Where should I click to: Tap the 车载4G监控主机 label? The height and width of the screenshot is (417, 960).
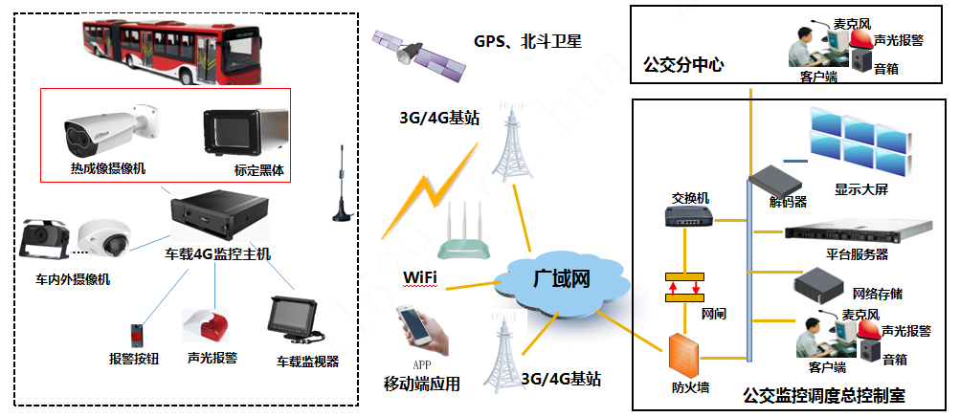217,254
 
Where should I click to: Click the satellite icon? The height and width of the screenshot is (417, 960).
418,51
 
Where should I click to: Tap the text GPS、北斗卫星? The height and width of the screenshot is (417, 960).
527,42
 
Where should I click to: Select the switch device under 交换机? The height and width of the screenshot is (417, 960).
689,217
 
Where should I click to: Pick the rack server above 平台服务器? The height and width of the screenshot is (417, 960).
857,232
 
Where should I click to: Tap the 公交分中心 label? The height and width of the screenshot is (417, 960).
683,66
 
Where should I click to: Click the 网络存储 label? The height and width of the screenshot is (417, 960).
876,294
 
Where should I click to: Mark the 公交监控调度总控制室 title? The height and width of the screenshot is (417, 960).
823,395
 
